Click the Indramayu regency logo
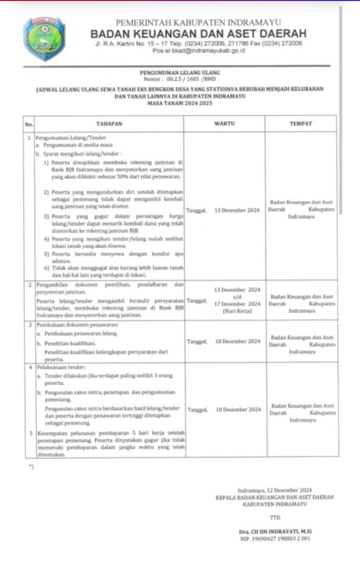[x=44, y=39]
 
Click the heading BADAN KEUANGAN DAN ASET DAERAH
[x=198, y=34]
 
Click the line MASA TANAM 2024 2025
[x=180, y=103]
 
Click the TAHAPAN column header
[x=109, y=124]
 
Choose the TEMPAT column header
[x=300, y=124]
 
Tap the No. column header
[x=29, y=124]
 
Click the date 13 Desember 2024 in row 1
[x=237, y=210]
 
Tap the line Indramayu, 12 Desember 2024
[x=275, y=490]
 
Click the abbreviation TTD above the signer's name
[x=275, y=518]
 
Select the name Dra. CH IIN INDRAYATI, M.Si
[x=275, y=531]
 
